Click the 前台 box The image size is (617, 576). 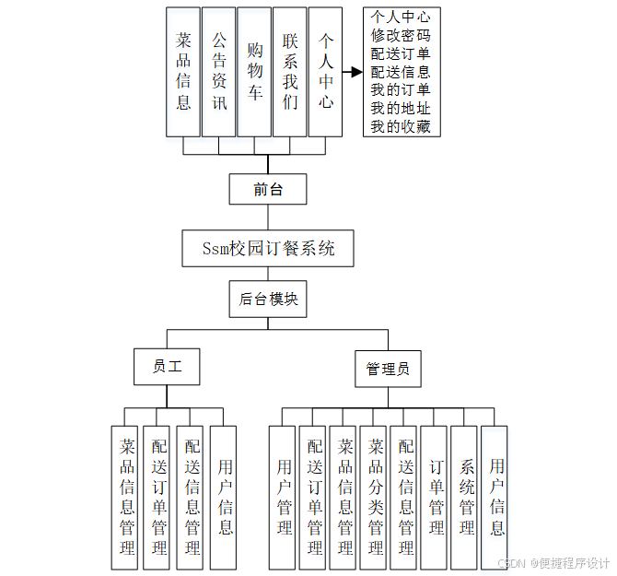[267, 189]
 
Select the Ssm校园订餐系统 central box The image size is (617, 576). [268, 248]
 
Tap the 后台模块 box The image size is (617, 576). [268, 299]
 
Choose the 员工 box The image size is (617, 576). [167, 366]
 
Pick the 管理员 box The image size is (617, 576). [388, 370]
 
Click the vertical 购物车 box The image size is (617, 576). [254, 71]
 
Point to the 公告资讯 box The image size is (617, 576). [218, 71]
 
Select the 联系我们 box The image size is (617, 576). [290, 71]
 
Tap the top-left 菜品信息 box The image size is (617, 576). [183, 71]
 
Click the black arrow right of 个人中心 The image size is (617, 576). [351, 71]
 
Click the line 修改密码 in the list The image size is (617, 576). [401, 35]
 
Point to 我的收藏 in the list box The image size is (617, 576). [401, 126]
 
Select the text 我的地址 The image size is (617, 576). [401, 108]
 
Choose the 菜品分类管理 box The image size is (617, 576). [376, 498]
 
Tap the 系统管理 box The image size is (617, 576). [466, 498]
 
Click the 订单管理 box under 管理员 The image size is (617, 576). [436, 498]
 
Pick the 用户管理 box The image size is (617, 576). [285, 498]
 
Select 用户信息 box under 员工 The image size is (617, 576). [224, 498]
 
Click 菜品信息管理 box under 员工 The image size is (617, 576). [127, 498]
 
